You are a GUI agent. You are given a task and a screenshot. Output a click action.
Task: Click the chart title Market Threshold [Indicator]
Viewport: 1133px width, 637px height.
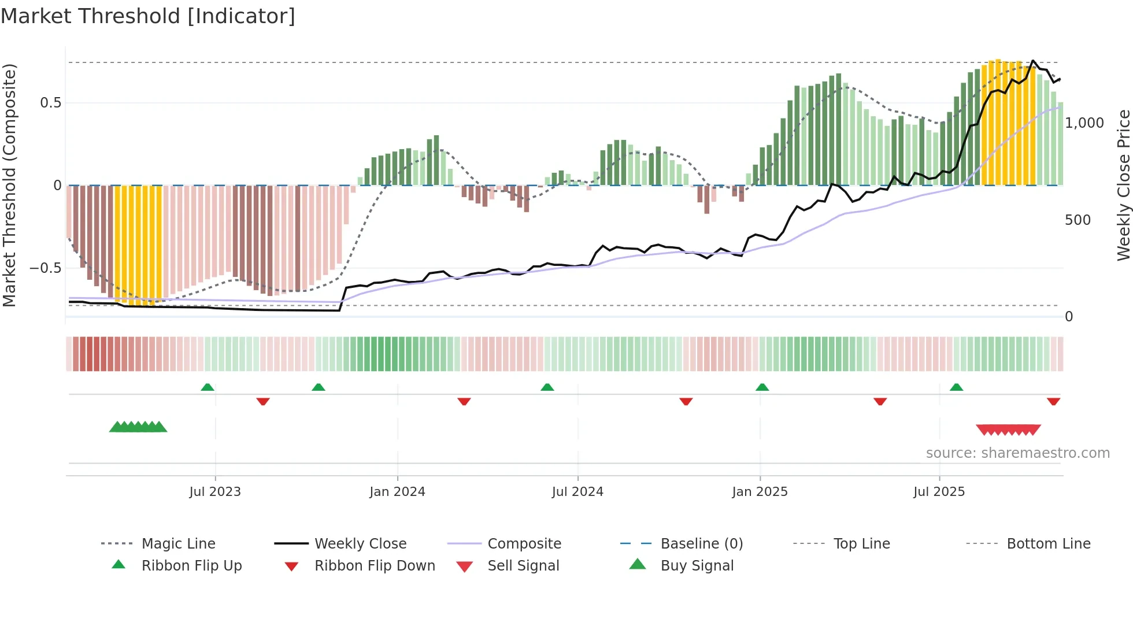(x=148, y=16)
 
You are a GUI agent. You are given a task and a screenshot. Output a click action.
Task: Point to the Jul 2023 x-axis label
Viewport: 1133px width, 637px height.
(x=215, y=492)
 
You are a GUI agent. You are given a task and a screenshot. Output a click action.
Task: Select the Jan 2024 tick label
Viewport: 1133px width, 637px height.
(x=397, y=492)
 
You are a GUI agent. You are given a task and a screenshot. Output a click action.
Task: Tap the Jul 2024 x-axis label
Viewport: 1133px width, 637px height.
(x=577, y=492)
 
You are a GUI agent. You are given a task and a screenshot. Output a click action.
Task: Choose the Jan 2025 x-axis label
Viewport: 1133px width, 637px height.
(x=760, y=492)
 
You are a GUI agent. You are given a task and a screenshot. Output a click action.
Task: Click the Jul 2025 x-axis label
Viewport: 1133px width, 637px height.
(x=939, y=492)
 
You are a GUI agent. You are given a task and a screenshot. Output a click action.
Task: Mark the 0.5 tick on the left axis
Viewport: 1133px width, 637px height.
(x=50, y=103)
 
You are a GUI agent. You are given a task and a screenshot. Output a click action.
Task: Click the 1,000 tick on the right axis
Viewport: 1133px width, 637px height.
(x=1084, y=123)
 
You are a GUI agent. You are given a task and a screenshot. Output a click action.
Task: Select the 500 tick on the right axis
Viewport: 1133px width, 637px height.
(x=1078, y=220)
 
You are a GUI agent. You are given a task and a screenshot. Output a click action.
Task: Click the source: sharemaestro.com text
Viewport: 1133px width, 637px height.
(x=1017, y=453)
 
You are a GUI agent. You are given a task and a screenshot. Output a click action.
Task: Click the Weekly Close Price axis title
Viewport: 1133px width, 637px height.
(x=1123, y=185)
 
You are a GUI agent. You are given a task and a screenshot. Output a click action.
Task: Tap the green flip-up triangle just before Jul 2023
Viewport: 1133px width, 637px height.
(x=208, y=387)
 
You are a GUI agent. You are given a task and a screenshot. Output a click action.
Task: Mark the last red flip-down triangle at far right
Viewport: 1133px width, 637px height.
(x=1053, y=401)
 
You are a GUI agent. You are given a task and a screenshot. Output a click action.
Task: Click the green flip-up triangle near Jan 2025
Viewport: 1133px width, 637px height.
(x=762, y=387)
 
